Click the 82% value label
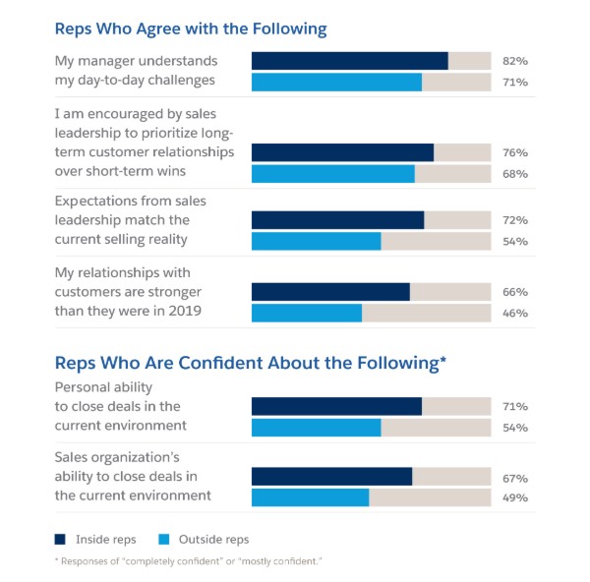click(514, 61)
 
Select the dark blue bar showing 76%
click(342, 152)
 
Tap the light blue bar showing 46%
click(307, 313)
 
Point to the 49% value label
click(514, 498)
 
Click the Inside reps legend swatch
click(61, 539)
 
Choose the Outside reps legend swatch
click(164, 539)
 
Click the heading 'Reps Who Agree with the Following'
click(191, 29)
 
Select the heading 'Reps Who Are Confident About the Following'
click(245, 363)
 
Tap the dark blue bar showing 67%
click(331, 477)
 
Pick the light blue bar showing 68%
click(332, 174)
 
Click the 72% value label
click(514, 220)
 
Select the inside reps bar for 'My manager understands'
click(349, 61)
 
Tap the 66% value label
click(514, 292)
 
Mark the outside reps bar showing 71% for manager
click(336, 82)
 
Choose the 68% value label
click(514, 174)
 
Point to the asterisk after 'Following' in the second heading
click(443, 360)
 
